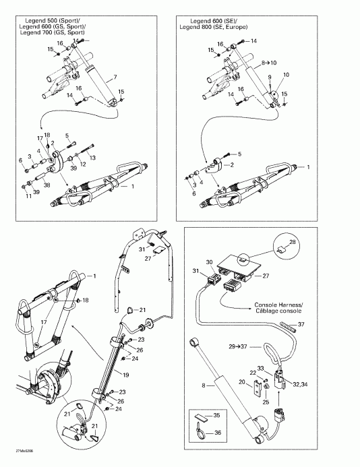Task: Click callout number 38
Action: (47, 183)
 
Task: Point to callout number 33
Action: (279, 369)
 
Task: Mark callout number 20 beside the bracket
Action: (242, 381)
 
